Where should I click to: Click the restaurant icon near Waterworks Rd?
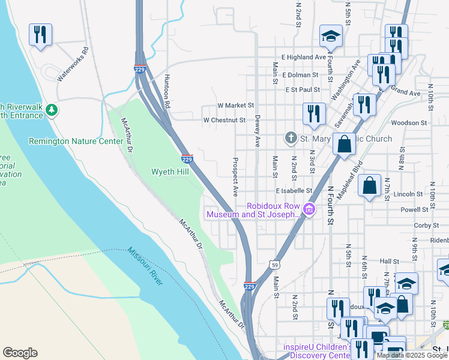click(40, 34)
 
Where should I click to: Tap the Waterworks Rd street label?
click(73, 65)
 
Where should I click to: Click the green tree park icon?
click(52, 110)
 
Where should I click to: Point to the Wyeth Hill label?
click(170, 172)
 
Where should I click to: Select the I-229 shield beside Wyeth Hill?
click(187, 158)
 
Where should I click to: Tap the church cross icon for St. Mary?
click(291, 139)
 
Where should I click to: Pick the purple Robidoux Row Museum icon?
click(309, 209)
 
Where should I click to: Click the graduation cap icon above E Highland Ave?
click(330, 37)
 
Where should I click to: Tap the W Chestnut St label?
click(224, 120)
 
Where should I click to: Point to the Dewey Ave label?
click(257, 131)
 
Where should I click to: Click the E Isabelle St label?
click(294, 191)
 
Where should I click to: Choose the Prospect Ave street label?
click(235, 178)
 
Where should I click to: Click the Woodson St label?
click(408, 122)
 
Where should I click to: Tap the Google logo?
click(20, 353)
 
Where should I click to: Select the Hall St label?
click(389, 262)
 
